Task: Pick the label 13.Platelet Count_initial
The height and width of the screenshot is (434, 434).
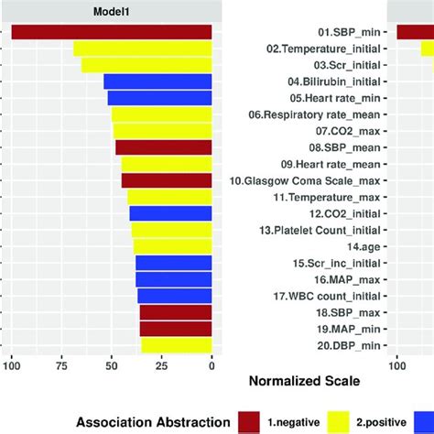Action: [x=320, y=230]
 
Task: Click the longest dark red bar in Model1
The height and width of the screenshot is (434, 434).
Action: [x=112, y=32]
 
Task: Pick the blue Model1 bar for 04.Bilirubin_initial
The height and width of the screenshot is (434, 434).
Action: [x=157, y=81]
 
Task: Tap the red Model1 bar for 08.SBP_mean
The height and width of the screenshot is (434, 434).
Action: [x=164, y=147]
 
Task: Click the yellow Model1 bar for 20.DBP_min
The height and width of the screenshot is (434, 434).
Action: [x=176, y=345]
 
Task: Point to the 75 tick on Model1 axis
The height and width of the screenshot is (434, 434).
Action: [x=61, y=367]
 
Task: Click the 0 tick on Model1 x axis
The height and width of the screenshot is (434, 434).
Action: [x=212, y=367]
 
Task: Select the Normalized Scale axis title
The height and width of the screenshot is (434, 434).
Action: [x=303, y=379]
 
